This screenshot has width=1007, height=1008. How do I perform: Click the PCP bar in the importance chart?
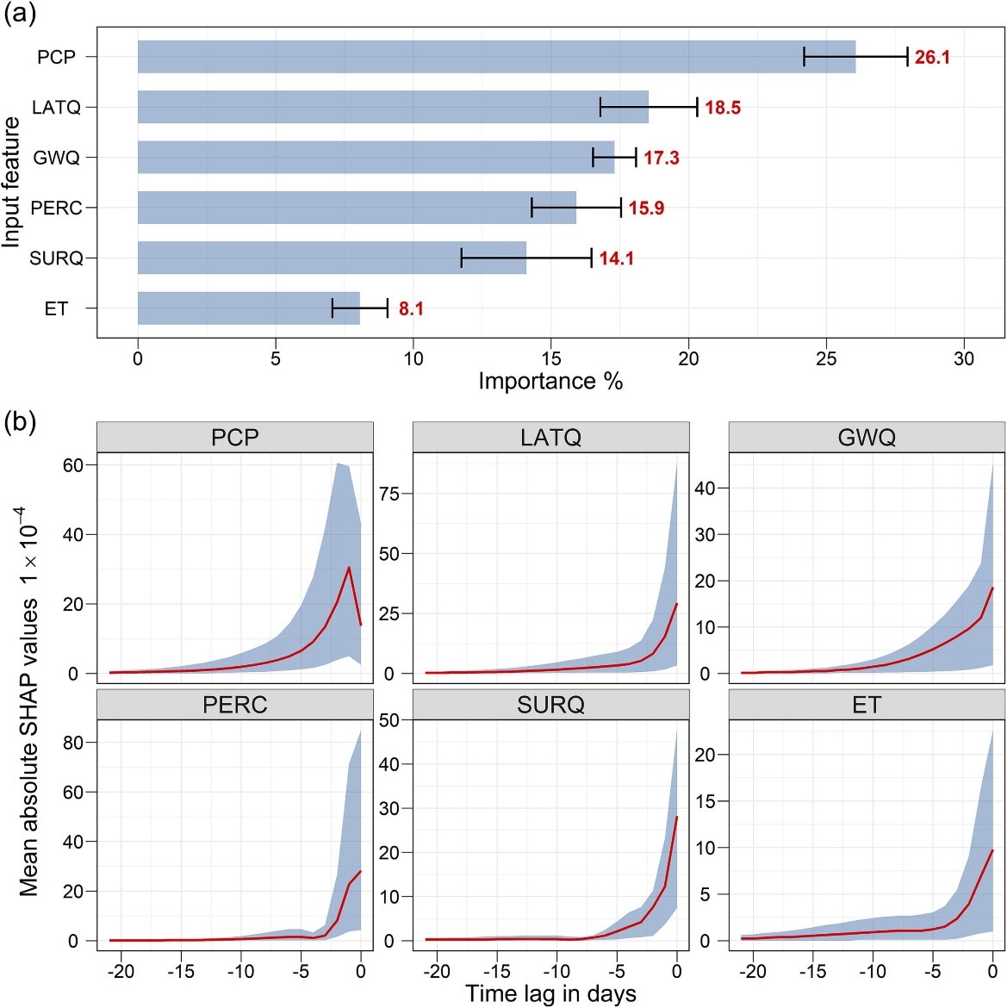[x=496, y=57]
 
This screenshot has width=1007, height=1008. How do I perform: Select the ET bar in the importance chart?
[x=248, y=308]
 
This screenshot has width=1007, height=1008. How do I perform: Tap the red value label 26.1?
[x=932, y=58]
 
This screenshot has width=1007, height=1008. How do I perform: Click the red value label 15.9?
[x=646, y=208]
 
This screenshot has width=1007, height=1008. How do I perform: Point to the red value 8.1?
[x=411, y=309]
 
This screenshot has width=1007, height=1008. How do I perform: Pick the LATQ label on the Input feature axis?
[x=56, y=108]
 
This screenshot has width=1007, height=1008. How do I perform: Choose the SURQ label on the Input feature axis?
[x=56, y=258]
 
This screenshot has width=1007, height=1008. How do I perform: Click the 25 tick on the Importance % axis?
[x=826, y=358]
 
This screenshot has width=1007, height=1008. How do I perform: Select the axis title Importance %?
[x=550, y=381]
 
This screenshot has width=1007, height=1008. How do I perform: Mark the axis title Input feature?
[x=11, y=183]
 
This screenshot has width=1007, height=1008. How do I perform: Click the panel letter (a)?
[x=19, y=15]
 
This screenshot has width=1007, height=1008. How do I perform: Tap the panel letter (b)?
[x=19, y=422]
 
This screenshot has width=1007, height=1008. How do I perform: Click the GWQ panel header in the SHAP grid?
[x=867, y=438]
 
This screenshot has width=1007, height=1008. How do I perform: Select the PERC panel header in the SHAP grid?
[x=234, y=705]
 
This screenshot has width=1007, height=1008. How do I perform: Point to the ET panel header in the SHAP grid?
[x=867, y=705]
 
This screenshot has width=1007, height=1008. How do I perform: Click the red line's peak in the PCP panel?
[x=349, y=567]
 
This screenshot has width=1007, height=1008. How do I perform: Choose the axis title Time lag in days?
[x=550, y=993]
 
